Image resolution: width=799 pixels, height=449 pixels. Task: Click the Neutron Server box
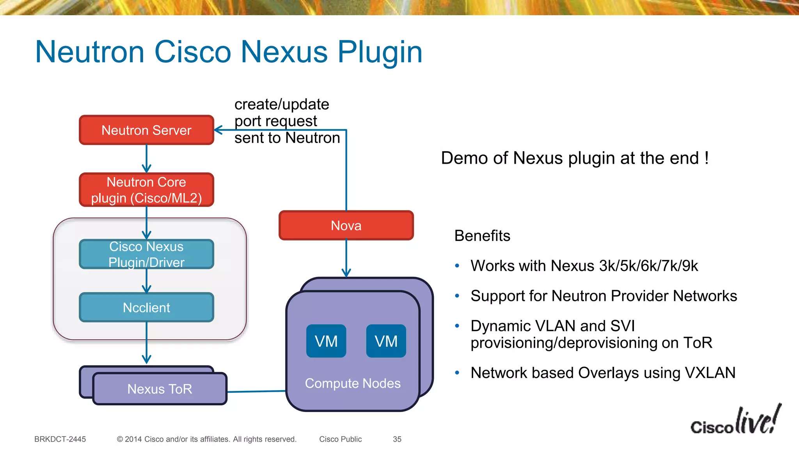[x=146, y=130]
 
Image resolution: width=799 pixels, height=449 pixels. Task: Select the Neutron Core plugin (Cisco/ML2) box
[x=146, y=190]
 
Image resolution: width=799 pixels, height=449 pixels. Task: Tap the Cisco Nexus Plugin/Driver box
[x=146, y=254]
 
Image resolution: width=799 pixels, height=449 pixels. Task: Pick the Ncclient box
[x=146, y=308]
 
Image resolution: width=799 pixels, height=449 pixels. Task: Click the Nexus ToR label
[x=160, y=389]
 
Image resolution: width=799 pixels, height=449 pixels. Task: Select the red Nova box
[x=346, y=226]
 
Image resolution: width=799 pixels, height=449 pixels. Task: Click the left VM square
[x=326, y=341]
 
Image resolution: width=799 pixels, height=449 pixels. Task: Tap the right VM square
[x=386, y=341]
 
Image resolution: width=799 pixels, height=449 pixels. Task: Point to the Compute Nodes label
[x=353, y=384]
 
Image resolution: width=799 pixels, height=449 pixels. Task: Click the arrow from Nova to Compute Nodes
[x=346, y=257]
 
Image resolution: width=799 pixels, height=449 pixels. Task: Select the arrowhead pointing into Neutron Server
[x=218, y=130]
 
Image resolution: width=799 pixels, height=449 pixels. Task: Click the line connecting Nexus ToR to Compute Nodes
[x=256, y=391]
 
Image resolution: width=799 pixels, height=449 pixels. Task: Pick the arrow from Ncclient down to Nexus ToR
[x=147, y=343]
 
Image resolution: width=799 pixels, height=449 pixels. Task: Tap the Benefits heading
[x=482, y=236]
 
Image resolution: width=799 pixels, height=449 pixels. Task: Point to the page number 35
[x=397, y=439]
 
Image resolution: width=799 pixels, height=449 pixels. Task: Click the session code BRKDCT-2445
[x=60, y=439]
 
